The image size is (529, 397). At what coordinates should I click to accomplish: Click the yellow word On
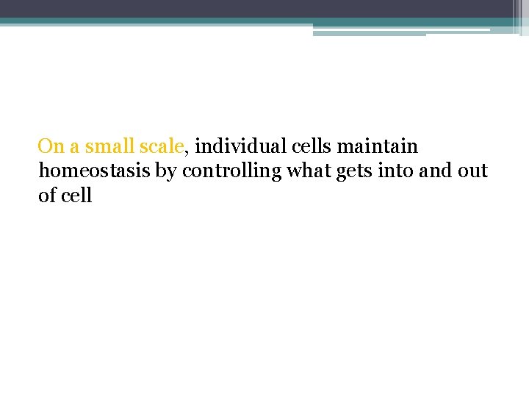51,147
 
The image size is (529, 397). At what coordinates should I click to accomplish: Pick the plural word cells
309,147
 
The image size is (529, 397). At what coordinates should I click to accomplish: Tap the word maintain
378,147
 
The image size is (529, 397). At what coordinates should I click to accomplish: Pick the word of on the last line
47,196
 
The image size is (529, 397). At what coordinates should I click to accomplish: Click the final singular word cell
76,196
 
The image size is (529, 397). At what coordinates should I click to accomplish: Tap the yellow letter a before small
75,149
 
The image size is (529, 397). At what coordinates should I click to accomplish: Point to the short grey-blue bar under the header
369,33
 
